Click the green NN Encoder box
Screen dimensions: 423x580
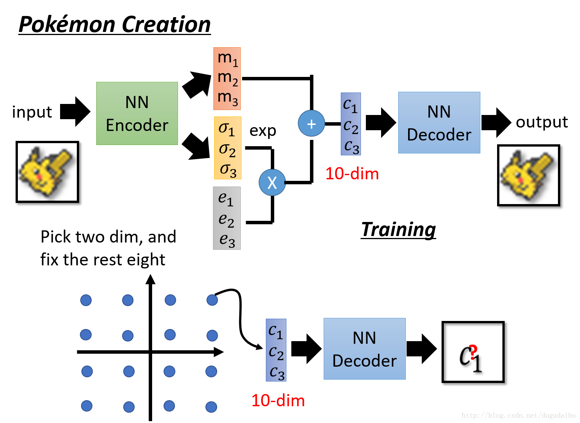(x=137, y=113)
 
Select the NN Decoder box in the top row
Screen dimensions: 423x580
(x=439, y=123)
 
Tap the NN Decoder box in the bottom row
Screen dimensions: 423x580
(x=364, y=349)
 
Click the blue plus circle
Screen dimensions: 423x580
(x=311, y=123)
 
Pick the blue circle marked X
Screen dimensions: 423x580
(x=272, y=182)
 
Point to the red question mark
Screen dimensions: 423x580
(x=473, y=353)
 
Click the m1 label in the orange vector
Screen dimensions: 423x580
(x=227, y=58)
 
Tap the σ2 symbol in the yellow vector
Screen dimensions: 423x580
(x=227, y=149)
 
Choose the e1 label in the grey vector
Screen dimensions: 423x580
(x=226, y=198)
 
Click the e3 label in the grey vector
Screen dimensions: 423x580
(x=227, y=240)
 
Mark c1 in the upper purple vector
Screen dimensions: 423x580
(x=350, y=105)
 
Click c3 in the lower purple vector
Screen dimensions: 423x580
(x=276, y=372)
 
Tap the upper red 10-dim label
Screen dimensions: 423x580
(x=352, y=174)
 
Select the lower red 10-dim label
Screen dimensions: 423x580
(x=278, y=401)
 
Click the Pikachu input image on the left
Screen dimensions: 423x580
(x=47, y=172)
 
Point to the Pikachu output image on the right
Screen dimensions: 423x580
(x=528, y=175)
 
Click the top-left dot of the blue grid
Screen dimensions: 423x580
(x=86, y=300)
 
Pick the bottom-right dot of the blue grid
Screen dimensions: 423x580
(x=211, y=407)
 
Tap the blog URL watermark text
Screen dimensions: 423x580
(x=518, y=415)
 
